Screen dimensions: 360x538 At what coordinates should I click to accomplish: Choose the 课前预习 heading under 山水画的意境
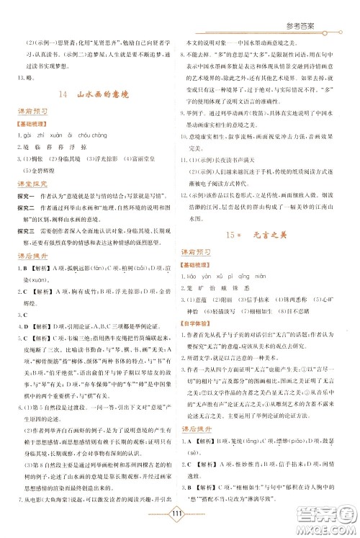tap(32, 113)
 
